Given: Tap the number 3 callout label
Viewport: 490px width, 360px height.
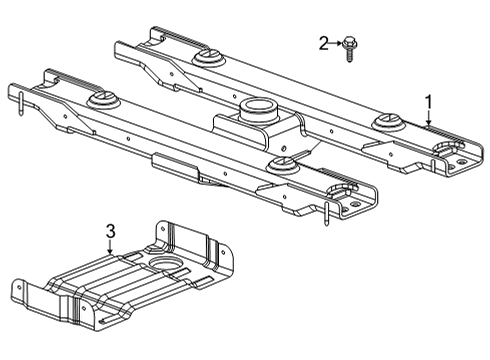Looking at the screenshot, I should coord(110,232).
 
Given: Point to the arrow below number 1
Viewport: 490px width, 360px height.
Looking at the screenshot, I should coord(428,119).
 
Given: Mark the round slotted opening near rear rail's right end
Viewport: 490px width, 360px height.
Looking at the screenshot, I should coord(444,150).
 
